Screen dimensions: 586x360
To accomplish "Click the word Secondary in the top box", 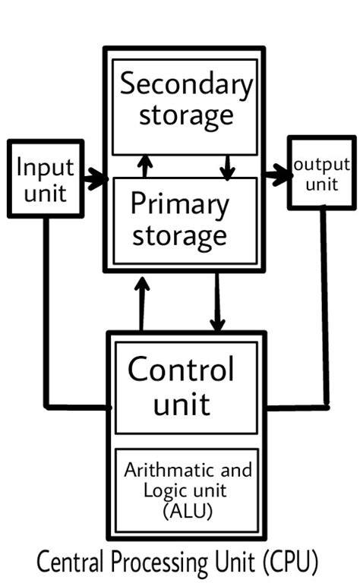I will (185, 86).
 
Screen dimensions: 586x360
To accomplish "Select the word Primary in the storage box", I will (179, 205).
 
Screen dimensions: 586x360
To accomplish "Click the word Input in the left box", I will (45, 166).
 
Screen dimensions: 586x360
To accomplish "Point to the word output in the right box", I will (321, 165).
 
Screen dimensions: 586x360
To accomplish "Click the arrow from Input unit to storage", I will (95, 180).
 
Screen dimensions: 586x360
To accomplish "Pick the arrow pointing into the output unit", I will (278, 176).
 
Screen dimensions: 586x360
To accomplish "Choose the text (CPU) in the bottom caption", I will (287, 563).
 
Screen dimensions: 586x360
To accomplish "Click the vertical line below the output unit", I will (324, 304).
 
